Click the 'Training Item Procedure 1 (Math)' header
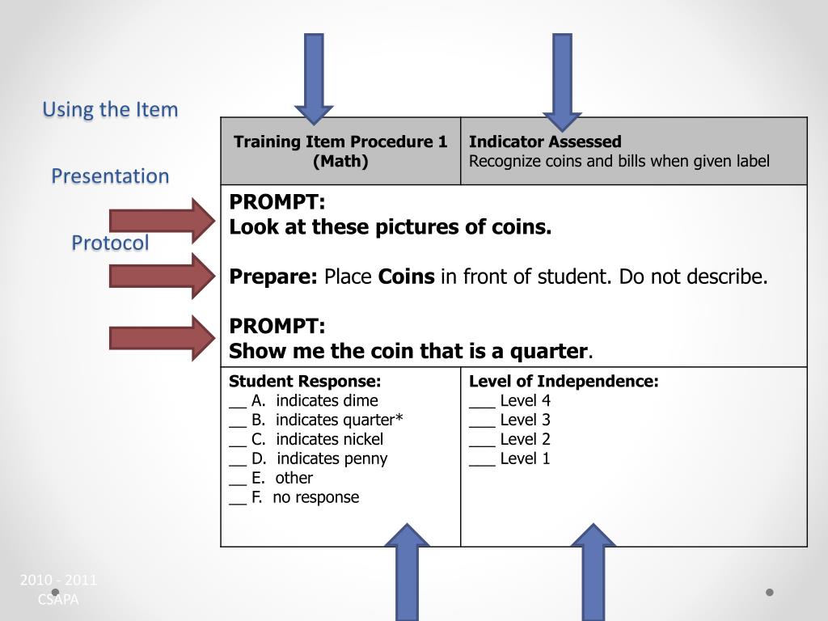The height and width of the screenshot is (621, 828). pyautogui.click(x=340, y=151)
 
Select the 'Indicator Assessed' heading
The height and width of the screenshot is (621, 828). pyautogui.click(x=545, y=142)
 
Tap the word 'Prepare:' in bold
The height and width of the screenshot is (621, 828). pyautogui.click(x=273, y=277)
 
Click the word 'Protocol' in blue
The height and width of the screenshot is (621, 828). pyautogui.click(x=110, y=243)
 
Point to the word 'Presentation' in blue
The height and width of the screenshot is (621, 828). pyautogui.click(x=110, y=175)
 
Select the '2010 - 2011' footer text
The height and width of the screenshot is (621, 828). pyautogui.click(x=58, y=580)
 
